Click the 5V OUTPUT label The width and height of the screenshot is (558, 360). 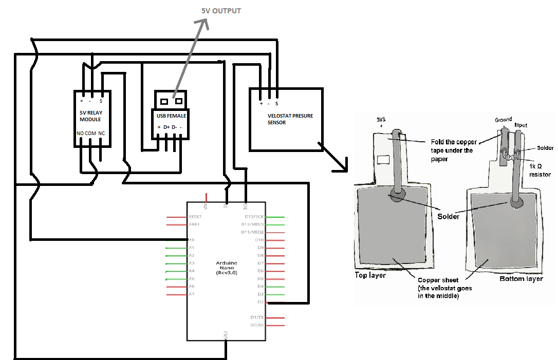221,11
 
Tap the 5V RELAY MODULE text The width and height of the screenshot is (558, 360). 90,116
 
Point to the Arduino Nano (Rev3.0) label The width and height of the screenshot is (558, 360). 227,268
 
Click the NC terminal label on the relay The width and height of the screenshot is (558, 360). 102,133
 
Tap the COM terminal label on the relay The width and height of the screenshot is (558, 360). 90,133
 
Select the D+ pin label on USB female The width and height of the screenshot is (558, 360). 166,127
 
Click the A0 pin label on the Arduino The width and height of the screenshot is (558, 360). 191,240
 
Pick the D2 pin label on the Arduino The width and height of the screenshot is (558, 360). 261,302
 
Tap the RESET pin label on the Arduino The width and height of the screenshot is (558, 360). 195,217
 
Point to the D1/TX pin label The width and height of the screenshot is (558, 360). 256,317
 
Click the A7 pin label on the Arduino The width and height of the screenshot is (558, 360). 191,294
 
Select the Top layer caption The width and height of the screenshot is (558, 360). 370,275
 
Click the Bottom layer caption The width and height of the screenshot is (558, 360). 521,279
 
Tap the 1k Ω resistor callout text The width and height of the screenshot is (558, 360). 539,171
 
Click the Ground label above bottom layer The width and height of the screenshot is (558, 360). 503,120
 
